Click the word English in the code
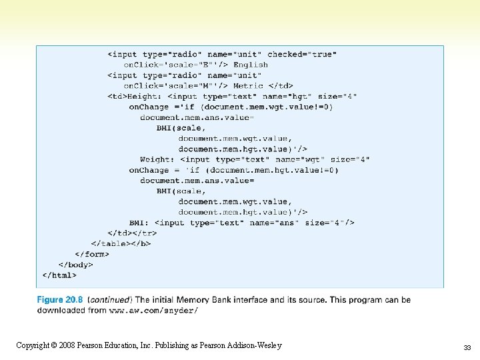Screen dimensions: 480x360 click(x=251, y=65)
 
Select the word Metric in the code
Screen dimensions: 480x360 click(x=248, y=86)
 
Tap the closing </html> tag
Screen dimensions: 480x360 click(x=59, y=275)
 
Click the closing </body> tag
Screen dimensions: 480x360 click(x=75, y=265)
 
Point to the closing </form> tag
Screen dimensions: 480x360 click(x=92, y=254)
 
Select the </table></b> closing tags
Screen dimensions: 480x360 click(x=121, y=244)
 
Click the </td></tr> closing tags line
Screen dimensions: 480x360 click(x=132, y=233)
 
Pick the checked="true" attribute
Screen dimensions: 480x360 click(x=302, y=55)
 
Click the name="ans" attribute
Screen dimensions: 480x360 click(x=274, y=223)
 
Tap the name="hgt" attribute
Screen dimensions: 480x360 click(x=287, y=97)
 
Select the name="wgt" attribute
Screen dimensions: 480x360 click(x=300, y=159)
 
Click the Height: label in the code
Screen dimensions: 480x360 click(x=144, y=97)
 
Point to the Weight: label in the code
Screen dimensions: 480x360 click(x=157, y=159)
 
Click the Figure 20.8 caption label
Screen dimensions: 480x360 click(x=60, y=300)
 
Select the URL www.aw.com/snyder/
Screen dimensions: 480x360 click(x=153, y=311)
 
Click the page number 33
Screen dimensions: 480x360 click(x=467, y=347)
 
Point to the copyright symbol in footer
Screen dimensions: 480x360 click(x=54, y=345)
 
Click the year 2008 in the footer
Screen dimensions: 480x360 click(x=67, y=345)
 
